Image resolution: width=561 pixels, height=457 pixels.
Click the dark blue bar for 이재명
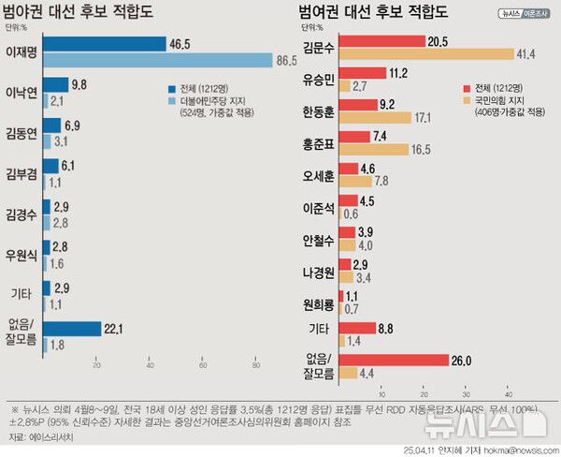tap(103, 44)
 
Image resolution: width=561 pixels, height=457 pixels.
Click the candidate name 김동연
tap(22, 134)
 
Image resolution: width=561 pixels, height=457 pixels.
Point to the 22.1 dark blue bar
tap(71, 328)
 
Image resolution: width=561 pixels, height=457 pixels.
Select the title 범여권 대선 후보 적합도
tap(368, 13)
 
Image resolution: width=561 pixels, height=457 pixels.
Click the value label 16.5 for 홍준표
tap(423, 149)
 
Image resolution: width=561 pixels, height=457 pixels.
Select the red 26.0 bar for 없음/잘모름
tap(392, 360)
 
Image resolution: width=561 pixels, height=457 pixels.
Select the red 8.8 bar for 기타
tap(356, 328)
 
